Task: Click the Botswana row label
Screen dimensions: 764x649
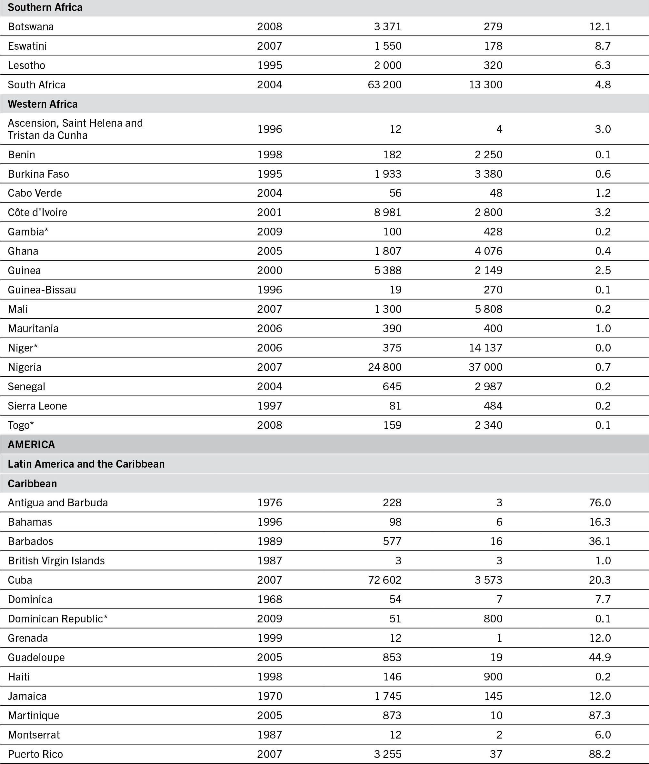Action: click(31, 26)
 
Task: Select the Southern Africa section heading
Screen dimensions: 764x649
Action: click(45, 7)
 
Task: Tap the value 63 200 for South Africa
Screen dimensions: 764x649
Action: click(384, 84)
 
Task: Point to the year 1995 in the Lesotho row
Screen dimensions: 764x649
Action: click(269, 65)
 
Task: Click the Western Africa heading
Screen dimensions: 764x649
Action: click(43, 104)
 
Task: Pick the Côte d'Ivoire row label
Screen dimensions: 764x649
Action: click(37, 212)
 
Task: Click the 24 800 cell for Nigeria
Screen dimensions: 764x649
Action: click(384, 367)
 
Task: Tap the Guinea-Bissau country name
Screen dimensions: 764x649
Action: click(42, 290)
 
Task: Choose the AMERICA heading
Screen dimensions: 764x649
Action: click(31, 444)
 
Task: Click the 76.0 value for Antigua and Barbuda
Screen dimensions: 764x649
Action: click(600, 502)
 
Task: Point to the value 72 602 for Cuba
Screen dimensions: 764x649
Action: click(384, 580)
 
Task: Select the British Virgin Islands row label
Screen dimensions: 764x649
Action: click(56, 561)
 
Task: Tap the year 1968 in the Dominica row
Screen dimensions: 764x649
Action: click(269, 599)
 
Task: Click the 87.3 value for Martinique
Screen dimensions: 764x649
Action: click(600, 715)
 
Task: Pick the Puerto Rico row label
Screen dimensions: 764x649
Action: click(35, 754)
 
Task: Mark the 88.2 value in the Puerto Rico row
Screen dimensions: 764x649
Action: click(600, 754)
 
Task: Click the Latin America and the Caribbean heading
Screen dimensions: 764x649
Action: click(86, 464)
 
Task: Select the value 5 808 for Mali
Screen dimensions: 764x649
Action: click(488, 309)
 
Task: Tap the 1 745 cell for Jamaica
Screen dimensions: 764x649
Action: click(388, 696)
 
